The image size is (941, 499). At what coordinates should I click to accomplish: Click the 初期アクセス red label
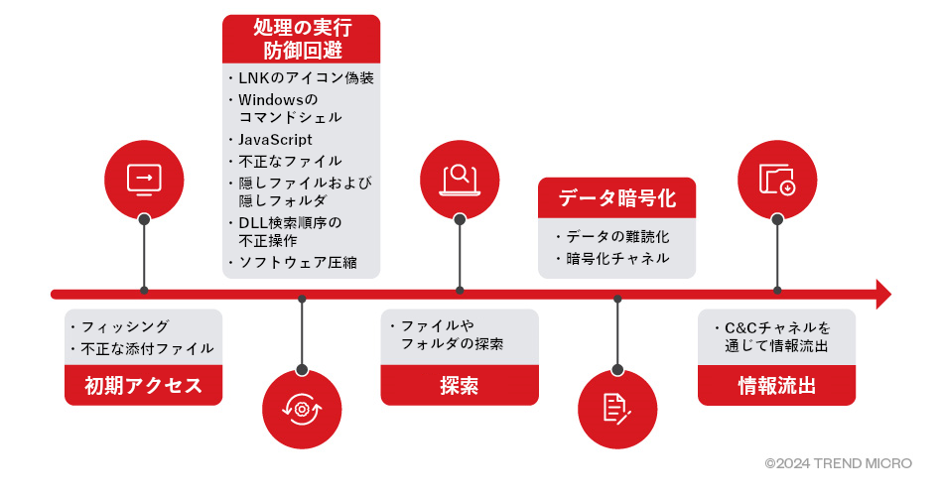point(144,386)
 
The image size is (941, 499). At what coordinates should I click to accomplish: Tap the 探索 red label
point(459,386)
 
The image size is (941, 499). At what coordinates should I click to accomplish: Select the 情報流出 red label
point(776,386)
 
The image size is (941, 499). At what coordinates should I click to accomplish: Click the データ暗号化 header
point(616,197)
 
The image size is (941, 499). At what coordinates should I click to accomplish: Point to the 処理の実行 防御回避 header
point(302,38)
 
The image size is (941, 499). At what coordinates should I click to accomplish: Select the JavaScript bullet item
point(275,140)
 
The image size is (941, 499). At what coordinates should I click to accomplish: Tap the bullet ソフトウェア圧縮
point(297,262)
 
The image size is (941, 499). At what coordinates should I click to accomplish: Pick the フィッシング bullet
point(124,326)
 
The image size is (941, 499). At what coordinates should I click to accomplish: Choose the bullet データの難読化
point(617,237)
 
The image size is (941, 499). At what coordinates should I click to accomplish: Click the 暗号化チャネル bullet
point(616,259)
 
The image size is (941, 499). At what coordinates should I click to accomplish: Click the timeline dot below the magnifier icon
point(459,291)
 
